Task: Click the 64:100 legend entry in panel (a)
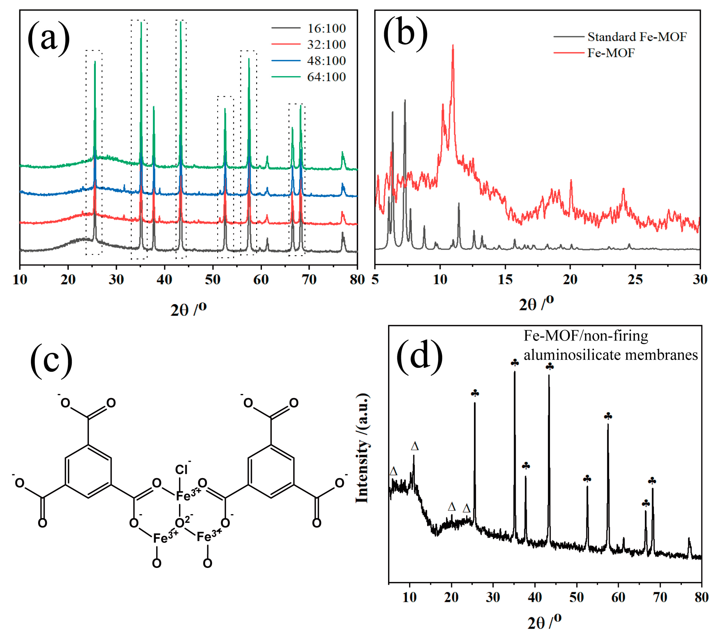(326, 77)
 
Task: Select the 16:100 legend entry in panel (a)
(326, 28)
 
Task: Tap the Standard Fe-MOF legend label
(637, 37)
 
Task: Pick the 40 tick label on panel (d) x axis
(535, 597)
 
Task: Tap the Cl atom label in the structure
(181, 470)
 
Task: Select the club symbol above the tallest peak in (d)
(515, 363)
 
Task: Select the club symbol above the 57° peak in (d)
(608, 416)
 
